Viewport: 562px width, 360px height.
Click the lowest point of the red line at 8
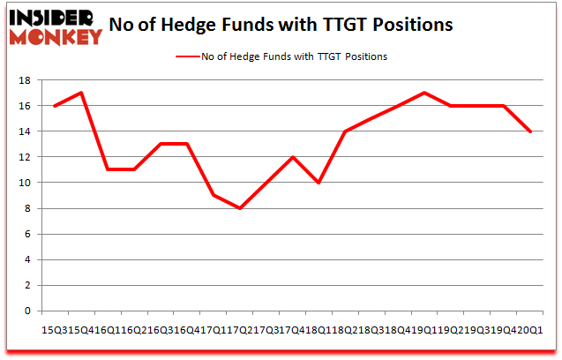point(240,208)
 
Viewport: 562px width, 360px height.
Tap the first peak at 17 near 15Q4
point(81,93)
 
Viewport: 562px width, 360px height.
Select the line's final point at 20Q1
point(530,131)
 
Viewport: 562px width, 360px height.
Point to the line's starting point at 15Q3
point(55,106)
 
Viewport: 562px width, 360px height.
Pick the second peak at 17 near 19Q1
point(424,93)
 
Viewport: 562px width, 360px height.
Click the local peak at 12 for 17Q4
point(293,157)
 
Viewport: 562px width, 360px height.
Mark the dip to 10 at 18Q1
point(319,183)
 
